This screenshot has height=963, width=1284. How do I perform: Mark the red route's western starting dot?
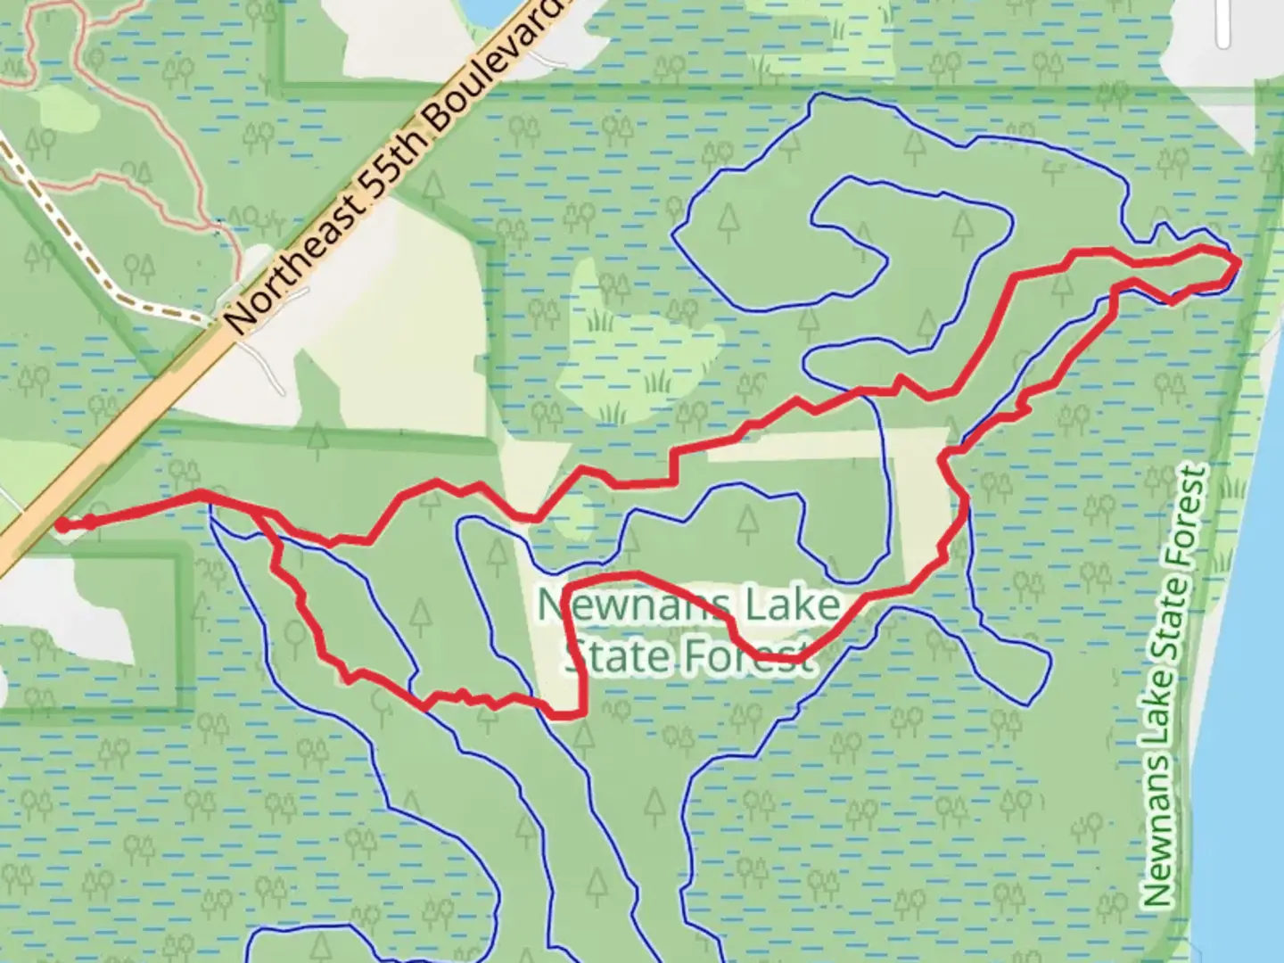(62, 525)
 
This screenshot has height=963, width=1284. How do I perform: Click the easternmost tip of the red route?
(1239, 260)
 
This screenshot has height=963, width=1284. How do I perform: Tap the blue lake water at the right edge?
(1248, 713)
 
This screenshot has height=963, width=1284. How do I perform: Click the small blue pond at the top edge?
(486, 11)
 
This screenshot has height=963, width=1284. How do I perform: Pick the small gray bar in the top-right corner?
(1223, 22)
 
